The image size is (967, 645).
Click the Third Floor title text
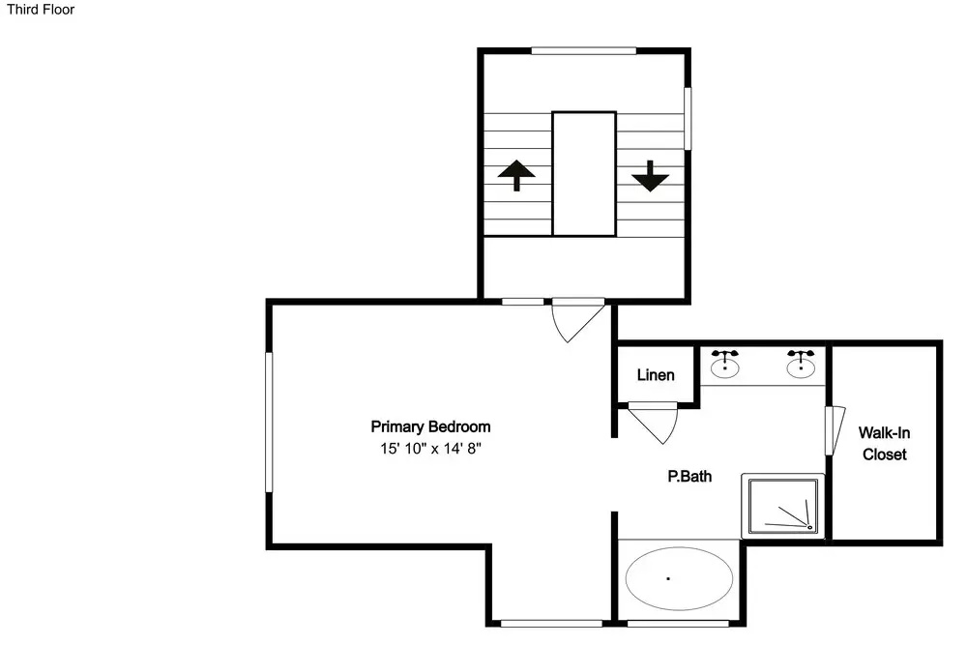coord(41,10)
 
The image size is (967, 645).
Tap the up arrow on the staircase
coord(516,175)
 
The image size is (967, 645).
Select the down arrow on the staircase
coord(650,176)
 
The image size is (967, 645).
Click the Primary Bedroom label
coord(430,426)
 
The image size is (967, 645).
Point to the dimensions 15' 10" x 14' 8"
coord(430,449)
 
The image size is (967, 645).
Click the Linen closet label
coord(656,375)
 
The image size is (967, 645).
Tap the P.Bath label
coord(689,476)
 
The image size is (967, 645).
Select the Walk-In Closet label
coord(885,443)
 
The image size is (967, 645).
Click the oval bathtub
coord(679,578)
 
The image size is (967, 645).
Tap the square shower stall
coord(783,506)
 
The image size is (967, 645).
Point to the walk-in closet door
coord(835,430)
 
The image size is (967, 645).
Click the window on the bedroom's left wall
coord(269,423)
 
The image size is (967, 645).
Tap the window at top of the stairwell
coord(583,50)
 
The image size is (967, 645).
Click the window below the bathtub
coord(678,624)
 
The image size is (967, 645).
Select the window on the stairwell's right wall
coord(688,118)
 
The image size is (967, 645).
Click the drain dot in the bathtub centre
coord(668,578)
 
